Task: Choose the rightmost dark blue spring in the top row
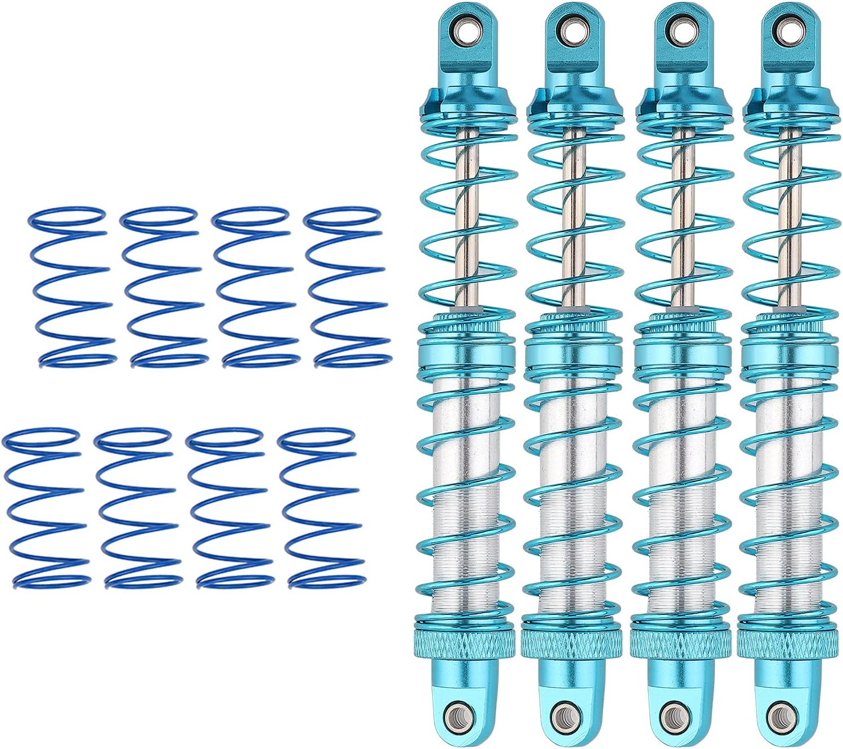tap(347, 287)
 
